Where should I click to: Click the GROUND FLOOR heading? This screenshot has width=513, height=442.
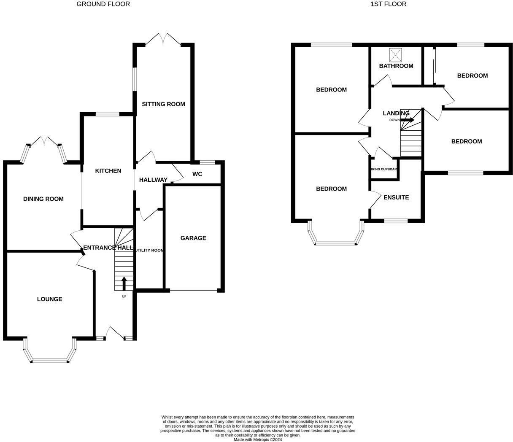pos(103,4)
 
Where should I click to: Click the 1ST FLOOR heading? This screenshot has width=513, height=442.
pos(388,4)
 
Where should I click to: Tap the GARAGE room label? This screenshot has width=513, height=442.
pos(193,238)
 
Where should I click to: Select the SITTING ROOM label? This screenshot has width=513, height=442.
pos(163,104)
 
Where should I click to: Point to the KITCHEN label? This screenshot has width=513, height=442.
pos(108,171)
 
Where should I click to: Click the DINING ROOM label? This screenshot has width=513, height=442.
pos(43,199)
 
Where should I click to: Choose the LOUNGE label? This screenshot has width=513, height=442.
pos(49,299)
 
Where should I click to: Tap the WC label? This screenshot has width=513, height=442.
pos(197,174)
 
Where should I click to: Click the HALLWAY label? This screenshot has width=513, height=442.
pos(153,180)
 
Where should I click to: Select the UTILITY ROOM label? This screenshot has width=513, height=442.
pos(149,250)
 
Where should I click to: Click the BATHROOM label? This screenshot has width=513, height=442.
pos(396,66)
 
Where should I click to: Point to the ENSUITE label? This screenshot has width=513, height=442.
pos(396,197)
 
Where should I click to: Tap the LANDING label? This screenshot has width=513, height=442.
pos(396,113)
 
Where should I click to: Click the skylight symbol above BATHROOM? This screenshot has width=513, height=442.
pos(396,54)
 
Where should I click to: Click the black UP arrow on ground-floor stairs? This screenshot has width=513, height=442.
pos(124,283)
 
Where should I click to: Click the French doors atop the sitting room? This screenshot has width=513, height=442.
pos(163,40)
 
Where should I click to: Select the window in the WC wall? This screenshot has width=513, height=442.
pos(207,162)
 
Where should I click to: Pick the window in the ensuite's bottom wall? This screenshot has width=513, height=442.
pos(396,220)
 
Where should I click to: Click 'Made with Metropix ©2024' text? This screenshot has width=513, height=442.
pos(258,439)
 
